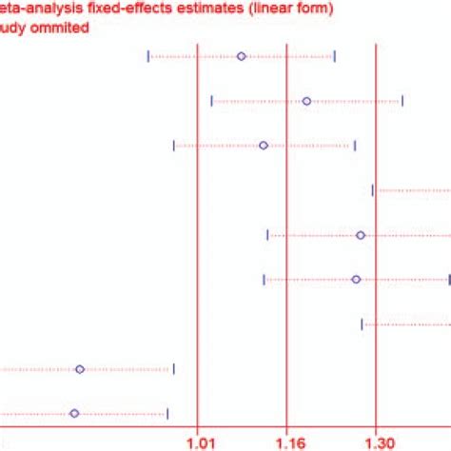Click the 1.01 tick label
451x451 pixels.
(x=198, y=441)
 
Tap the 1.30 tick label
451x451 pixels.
(x=378, y=441)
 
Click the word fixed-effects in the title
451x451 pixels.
(x=114, y=10)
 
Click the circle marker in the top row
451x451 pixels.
(x=242, y=57)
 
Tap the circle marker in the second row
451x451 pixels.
(x=306, y=101)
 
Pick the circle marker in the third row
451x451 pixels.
(x=264, y=146)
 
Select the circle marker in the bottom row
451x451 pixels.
(x=74, y=413)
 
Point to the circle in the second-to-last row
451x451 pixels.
(x=80, y=369)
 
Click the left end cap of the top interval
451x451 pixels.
(x=148, y=57)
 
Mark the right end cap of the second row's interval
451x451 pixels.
(x=402, y=101)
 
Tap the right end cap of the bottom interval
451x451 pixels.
(x=167, y=413)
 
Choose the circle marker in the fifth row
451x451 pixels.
(x=361, y=235)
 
